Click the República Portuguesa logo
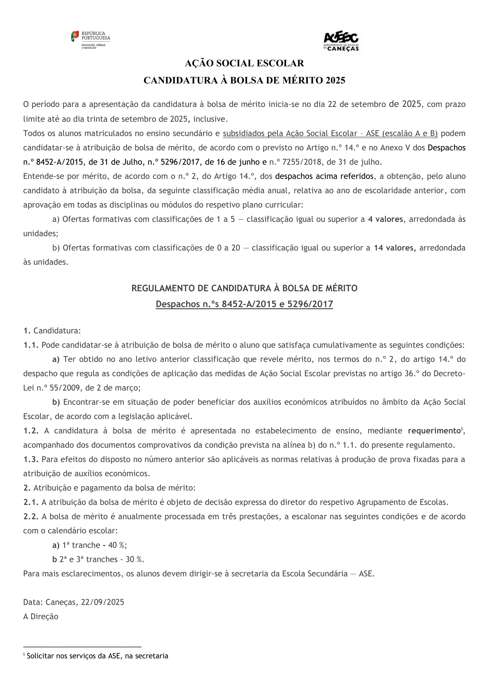point(91,40)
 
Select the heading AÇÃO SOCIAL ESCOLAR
point(244,63)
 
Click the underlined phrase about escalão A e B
point(330,133)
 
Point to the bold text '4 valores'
point(385,219)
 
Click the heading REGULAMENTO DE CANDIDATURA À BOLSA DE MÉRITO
point(244,288)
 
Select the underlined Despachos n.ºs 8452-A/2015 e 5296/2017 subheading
point(244,304)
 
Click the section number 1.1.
point(31,345)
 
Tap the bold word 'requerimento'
point(434,431)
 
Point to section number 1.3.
point(31,459)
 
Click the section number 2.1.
point(31,502)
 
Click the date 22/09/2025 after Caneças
point(102,602)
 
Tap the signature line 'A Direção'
point(41,616)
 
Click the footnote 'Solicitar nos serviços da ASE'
point(97,656)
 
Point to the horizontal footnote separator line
point(82,646)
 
